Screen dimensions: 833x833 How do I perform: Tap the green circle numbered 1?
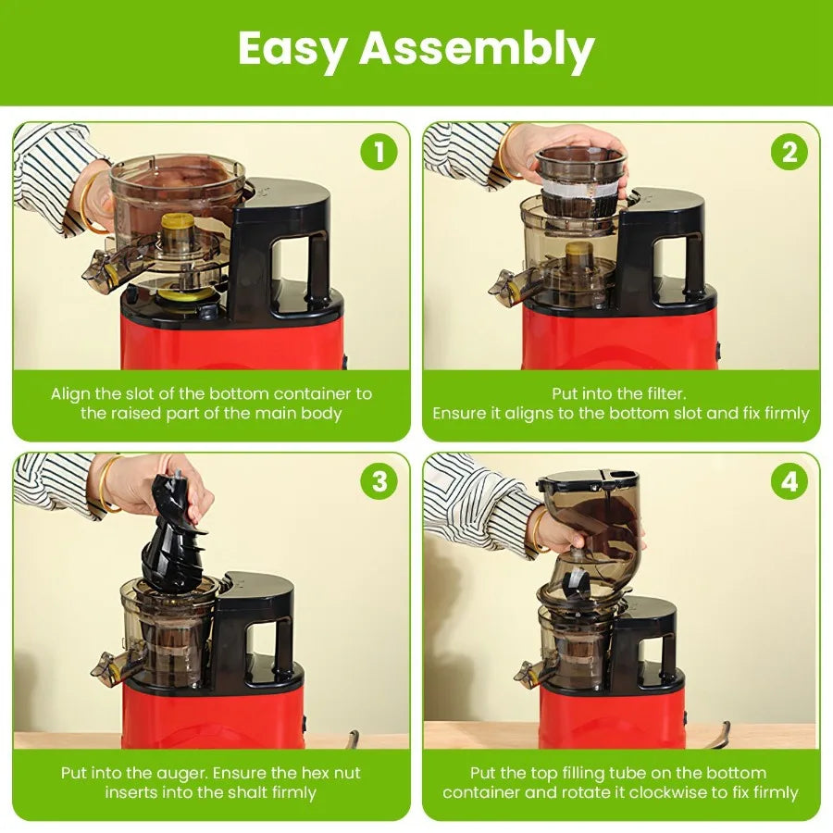click(379, 152)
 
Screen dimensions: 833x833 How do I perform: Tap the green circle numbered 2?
click(789, 152)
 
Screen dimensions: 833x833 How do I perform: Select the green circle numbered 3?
click(379, 481)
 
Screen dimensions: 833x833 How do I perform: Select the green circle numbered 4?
click(789, 481)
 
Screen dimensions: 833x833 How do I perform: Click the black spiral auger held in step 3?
click(176, 537)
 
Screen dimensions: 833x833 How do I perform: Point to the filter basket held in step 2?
click(580, 185)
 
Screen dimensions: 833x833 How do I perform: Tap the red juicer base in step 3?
click(213, 717)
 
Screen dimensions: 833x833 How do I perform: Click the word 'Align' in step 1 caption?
click(71, 393)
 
